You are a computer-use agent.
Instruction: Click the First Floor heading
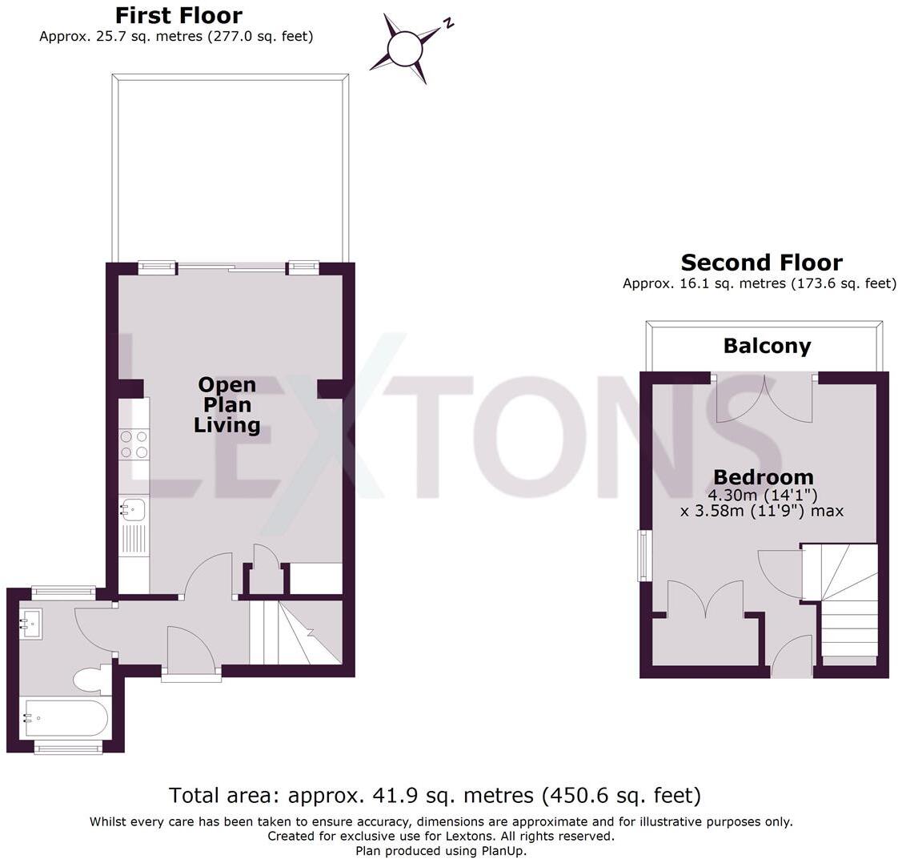click(178, 15)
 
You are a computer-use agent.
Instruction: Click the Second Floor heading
click(761, 263)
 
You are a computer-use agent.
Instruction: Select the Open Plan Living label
click(227, 405)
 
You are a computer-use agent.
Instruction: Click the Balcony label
click(767, 346)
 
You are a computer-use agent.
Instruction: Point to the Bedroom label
click(764, 478)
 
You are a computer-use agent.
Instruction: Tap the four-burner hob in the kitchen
click(134, 444)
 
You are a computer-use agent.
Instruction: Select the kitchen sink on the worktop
click(134, 508)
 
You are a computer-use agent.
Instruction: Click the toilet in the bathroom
click(91, 680)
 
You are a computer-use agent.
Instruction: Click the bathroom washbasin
click(31, 622)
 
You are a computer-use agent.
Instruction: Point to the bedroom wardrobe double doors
click(705, 600)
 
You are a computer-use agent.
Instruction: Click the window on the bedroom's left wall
click(643, 555)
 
